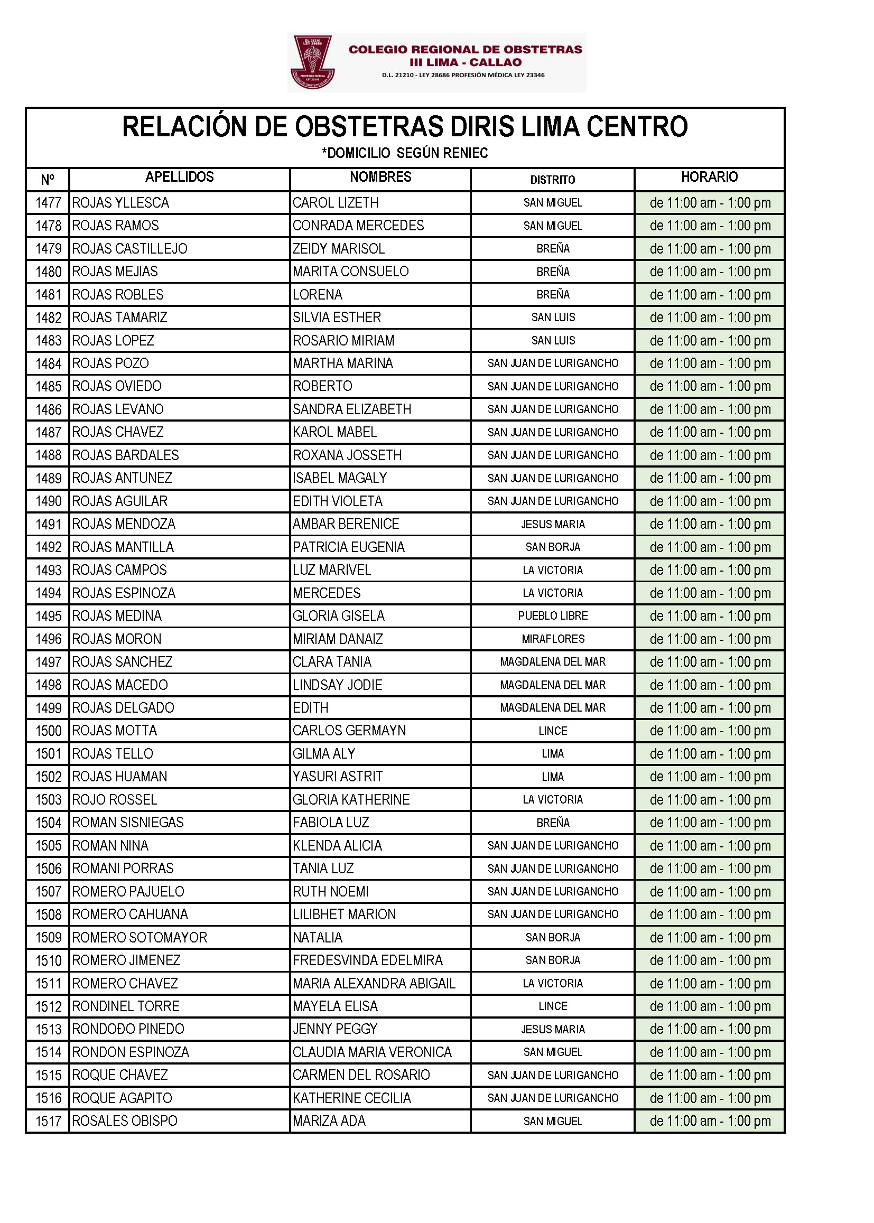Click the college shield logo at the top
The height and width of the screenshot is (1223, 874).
point(312,62)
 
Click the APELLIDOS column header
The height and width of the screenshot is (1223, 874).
point(179,177)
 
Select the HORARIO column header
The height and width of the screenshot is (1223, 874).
point(709,177)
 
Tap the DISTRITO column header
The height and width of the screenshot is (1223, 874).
point(552,180)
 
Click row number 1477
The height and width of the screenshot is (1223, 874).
point(49,203)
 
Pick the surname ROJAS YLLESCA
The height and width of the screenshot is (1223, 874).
point(120,203)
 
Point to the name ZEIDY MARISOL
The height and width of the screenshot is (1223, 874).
point(339,249)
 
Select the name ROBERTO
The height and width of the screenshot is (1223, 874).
point(322,386)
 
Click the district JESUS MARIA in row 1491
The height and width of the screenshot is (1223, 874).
point(553,524)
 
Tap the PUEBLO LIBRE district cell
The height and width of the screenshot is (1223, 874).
point(553,615)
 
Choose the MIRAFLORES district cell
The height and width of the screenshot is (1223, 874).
point(553,639)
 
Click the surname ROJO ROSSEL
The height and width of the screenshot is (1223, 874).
point(115,799)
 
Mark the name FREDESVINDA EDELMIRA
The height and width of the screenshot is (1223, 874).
point(368,960)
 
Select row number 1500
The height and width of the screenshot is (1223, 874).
point(49,731)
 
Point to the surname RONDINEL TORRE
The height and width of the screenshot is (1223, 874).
point(126,1006)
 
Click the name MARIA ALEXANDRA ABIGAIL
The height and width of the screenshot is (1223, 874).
point(374,983)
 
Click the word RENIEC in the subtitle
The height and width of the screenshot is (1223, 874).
point(466,153)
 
